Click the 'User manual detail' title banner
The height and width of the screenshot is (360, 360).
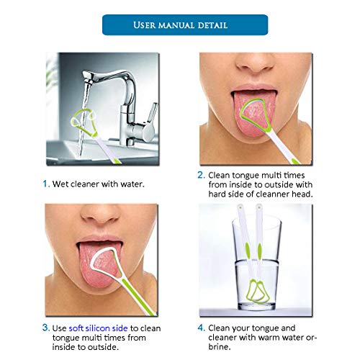pyautogui.click(x=185, y=25)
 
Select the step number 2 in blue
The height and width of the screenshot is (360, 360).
pyautogui.click(x=201, y=175)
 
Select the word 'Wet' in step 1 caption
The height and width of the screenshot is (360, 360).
pyautogui.click(x=60, y=184)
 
